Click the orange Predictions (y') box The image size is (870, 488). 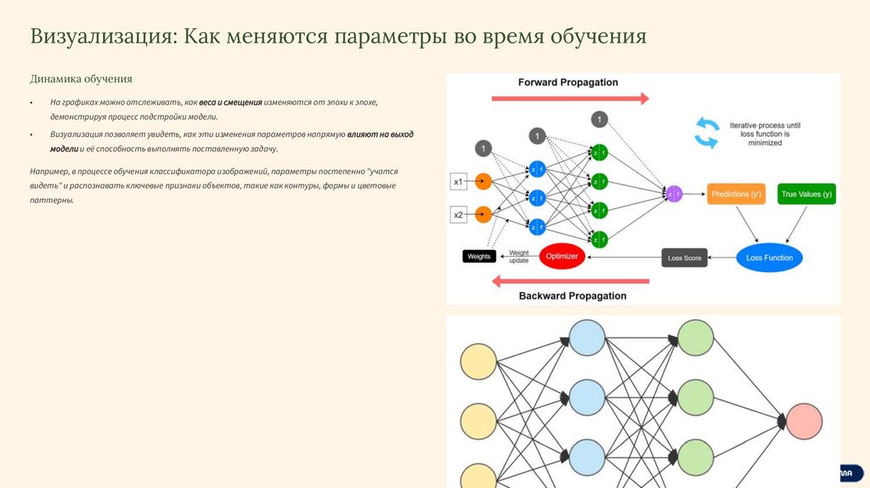(736, 194)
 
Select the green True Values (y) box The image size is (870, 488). (806, 194)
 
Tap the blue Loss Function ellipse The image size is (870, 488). (769, 258)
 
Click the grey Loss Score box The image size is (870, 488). (685, 258)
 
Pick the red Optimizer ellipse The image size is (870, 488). (562, 256)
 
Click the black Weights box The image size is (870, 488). (479, 256)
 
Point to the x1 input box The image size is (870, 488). (457, 181)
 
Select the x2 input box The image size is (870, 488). (457, 214)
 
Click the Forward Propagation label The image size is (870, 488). (568, 82)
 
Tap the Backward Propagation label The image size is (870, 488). (572, 296)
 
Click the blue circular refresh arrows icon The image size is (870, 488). (707, 132)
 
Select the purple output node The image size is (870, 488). (675, 194)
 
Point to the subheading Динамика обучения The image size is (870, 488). (82, 79)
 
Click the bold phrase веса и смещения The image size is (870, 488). (230, 102)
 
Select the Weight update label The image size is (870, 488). (519, 257)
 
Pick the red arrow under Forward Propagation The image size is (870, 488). (570, 99)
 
